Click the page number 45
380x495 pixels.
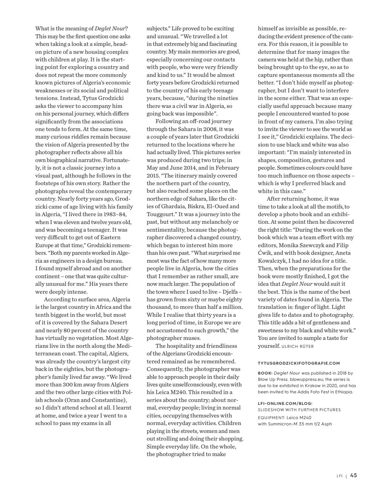pos(353,476)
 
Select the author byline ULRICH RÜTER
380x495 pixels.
pos(298,346)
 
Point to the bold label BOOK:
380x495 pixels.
pos(265,373)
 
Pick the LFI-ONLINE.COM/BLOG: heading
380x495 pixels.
pos(285,403)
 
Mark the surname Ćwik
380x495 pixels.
pos(265,253)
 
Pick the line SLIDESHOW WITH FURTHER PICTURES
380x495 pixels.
pos(299,410)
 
